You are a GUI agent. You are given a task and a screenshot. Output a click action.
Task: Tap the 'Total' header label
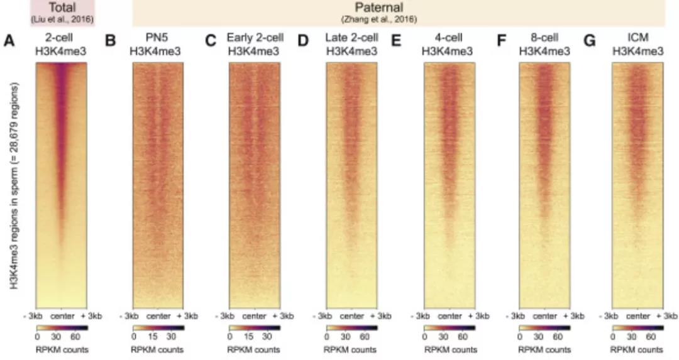point(62,8)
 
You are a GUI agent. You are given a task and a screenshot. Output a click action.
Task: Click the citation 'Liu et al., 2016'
point(62,19)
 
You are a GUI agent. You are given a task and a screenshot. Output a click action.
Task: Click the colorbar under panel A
point(62,328)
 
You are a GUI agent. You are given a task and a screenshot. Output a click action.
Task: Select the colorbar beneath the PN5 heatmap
point(158,328)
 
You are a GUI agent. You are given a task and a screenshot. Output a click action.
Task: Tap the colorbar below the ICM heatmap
point(638,328)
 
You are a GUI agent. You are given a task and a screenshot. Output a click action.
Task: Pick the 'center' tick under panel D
point(351,315)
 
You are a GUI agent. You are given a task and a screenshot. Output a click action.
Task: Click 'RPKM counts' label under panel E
point(449,349)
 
